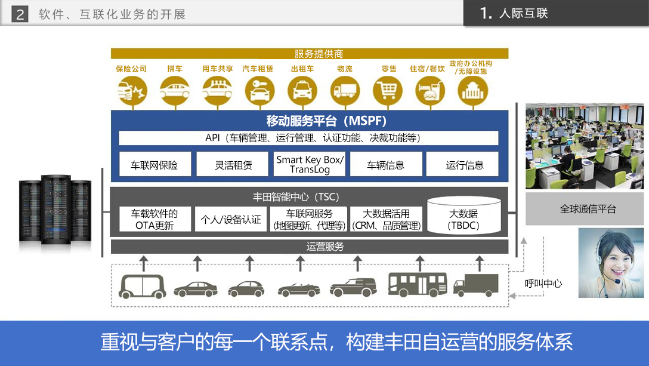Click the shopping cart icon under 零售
[388, 91]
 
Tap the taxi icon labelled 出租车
[302, 91]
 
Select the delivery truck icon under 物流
[345, 91]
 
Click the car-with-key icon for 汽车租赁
[259, 91]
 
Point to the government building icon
[473, 91]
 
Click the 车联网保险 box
[154, 165]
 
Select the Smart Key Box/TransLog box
[310, 164]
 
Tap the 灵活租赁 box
[233, 165]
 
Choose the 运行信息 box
[465, 165]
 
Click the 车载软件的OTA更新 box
[154, 219]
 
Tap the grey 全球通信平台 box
[584, 209]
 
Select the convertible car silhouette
[299, 290]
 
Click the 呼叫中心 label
[543, 284]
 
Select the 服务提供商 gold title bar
[310, 54]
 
